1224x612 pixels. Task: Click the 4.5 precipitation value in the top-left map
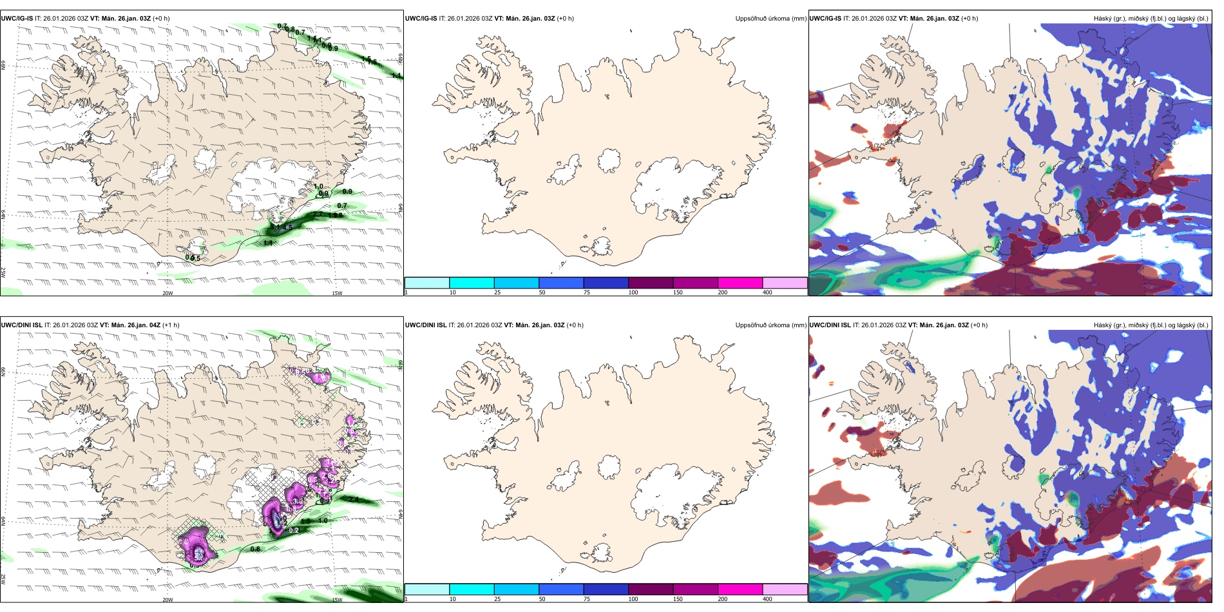pyautogui.click(x=287, y=227)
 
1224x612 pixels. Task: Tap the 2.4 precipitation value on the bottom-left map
pyautogui.click(x=354, y=499)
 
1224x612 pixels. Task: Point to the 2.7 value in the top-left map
pyautogui.click(x=318, y=215)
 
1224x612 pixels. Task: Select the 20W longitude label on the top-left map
pyautogui.click(x=167, y=293)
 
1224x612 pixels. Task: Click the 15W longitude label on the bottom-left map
pyautogui.click(x=336, y=600)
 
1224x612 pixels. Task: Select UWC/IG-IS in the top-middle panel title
pyautogui.click(x=421, y=18)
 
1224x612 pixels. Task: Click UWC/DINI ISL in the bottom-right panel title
pyautogui.click(x=830, y=325)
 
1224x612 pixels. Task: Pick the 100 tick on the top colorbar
pyautogui.click(x=633, y=292)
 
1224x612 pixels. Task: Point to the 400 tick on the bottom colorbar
pyautogui.click(x=767, y=599)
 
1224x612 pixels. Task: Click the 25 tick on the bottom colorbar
pyautogui.click(x=497, y=599)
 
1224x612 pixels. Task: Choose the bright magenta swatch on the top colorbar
pyautogui.click(x=740, y=283)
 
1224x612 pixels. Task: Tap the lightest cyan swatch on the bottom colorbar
pyautogui.click(x=426, y=589)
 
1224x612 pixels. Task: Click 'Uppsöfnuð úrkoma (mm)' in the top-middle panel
pyautogui.click(x=770, y=18)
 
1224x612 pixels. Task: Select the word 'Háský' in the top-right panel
pyautogui.click(x=1103, y=18)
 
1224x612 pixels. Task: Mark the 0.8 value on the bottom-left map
pyautogui.click(x=255, y=549)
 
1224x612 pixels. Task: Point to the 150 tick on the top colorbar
pyautogui.click(x=678, y=292)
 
